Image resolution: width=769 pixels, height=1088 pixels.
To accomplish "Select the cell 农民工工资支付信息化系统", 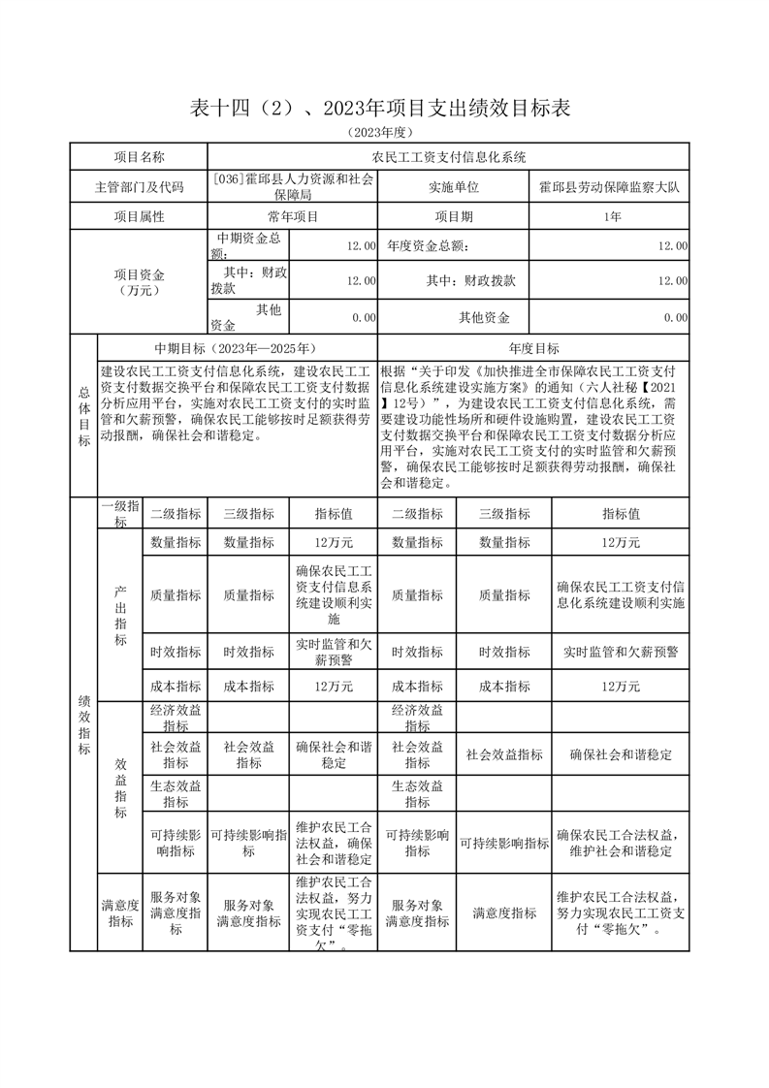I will pyautogui.click(x=448, y=157).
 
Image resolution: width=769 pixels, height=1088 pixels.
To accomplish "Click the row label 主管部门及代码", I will pyautogui.click(x=139, y=187).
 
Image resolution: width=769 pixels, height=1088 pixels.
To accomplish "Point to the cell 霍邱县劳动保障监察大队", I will pyautogui.click(x=609, y=187).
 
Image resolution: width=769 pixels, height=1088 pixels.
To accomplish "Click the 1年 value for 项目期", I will pyautogui.click(x=609, y=217).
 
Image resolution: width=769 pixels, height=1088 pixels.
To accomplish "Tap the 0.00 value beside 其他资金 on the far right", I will pyautogui.click(x=675, y=317).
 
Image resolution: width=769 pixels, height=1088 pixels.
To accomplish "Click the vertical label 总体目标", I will pyautogui.click(x=84, y=416).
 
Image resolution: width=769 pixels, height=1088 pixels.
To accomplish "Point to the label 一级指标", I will pyautogui.click(x=120, y=514).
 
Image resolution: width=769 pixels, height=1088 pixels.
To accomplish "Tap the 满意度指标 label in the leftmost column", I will pyautogui.click(x=120, y=913).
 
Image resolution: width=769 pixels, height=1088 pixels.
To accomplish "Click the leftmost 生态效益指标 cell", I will pyautogui.click(x=176, y=793).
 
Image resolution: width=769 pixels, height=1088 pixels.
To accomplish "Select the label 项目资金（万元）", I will pyautogui.click(x=139, y=282).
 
